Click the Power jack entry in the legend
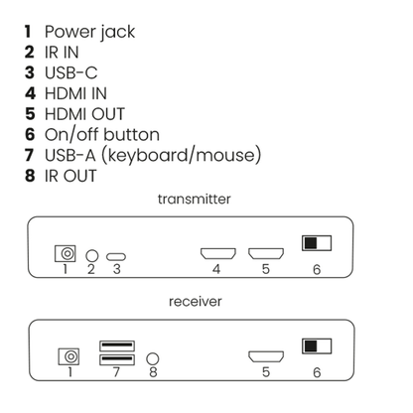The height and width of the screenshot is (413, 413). pos(79,32)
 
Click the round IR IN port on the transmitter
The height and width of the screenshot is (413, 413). pos(91,255)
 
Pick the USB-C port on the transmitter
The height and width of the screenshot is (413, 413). pos(116,255)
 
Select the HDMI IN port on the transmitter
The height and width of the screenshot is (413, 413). pos(216,254)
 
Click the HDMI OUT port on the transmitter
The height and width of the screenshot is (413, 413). pos(266,254)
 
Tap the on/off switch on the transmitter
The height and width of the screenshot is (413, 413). pos(317,243)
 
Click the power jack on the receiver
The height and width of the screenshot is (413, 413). pos(69,354)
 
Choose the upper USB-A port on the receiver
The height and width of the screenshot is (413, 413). pos(116,347)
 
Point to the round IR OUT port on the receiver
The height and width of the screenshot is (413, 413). pos(152,356)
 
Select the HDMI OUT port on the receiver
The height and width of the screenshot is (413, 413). pos(266,356)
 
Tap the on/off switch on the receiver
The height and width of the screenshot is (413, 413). pos(317,346)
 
